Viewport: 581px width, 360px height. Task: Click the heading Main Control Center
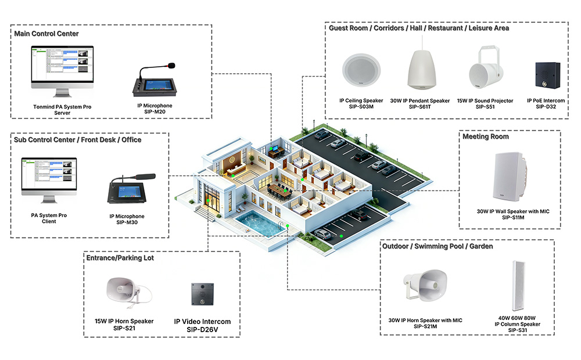click(46, 34)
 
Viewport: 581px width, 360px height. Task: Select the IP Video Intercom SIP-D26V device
click(202, 295)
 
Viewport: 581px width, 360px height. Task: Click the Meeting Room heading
click(485, 136)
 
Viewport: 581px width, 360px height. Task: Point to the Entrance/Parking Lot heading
click(120, 257)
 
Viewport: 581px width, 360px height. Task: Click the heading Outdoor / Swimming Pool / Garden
click(437, 246)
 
